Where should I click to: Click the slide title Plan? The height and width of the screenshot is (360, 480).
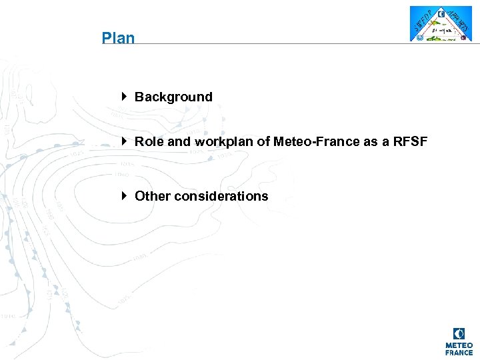point(118,38)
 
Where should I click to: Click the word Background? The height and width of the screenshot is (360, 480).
point(173,97)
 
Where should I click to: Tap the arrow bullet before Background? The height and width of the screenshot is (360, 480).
point(125,96)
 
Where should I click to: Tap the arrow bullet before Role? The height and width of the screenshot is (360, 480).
point(125,141)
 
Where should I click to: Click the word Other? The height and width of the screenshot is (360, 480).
point(153,196)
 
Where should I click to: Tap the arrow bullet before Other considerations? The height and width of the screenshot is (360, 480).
point(125,195)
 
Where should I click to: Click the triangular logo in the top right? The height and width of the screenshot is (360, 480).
point(440,24)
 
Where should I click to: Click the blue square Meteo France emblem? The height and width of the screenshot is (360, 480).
point(459,333)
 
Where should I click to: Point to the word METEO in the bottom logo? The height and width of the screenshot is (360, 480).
point(459,345)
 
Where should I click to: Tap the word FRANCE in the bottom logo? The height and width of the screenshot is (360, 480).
point(459,353)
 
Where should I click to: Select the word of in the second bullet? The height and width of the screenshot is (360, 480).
point(264,141)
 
